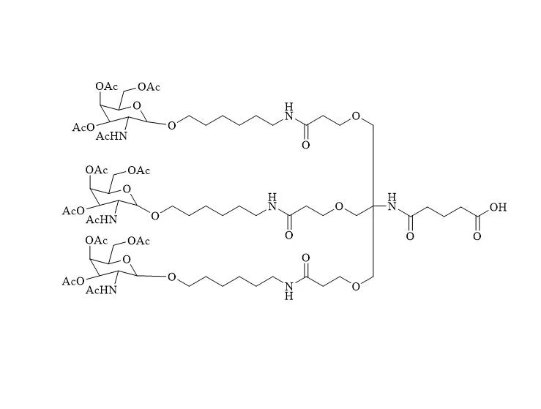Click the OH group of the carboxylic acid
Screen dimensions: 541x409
tap(498, 207)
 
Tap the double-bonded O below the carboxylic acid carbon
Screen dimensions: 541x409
tap(477, 236)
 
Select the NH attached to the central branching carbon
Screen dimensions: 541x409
tap(392, 202)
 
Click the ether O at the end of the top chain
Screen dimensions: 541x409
tap(356, 116)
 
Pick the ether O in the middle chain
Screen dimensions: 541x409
tap(339, 206)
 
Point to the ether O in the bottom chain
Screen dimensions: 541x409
tap(356, 286)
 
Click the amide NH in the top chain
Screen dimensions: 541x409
tap(289, 112)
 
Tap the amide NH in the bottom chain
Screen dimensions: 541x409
tap(289, 290)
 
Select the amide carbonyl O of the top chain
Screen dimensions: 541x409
tap(306, 145)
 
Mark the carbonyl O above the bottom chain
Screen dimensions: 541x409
tap(306, 258)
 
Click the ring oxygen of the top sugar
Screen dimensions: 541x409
tap(137, 105)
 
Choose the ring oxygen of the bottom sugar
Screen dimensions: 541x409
tap(127, 258)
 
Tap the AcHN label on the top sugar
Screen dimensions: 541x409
tap(111, 136)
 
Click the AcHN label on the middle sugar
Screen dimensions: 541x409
tap(101, 219)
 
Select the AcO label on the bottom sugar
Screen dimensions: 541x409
tap(73, 282)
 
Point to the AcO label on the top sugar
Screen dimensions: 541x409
tap(83, 127)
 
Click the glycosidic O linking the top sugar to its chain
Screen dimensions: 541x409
tap(171, 125)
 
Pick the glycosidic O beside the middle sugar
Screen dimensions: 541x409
tap(155, 216)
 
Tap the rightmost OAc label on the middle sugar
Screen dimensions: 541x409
tap(138, 170)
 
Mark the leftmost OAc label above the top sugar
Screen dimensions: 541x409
tap(107, 86)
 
